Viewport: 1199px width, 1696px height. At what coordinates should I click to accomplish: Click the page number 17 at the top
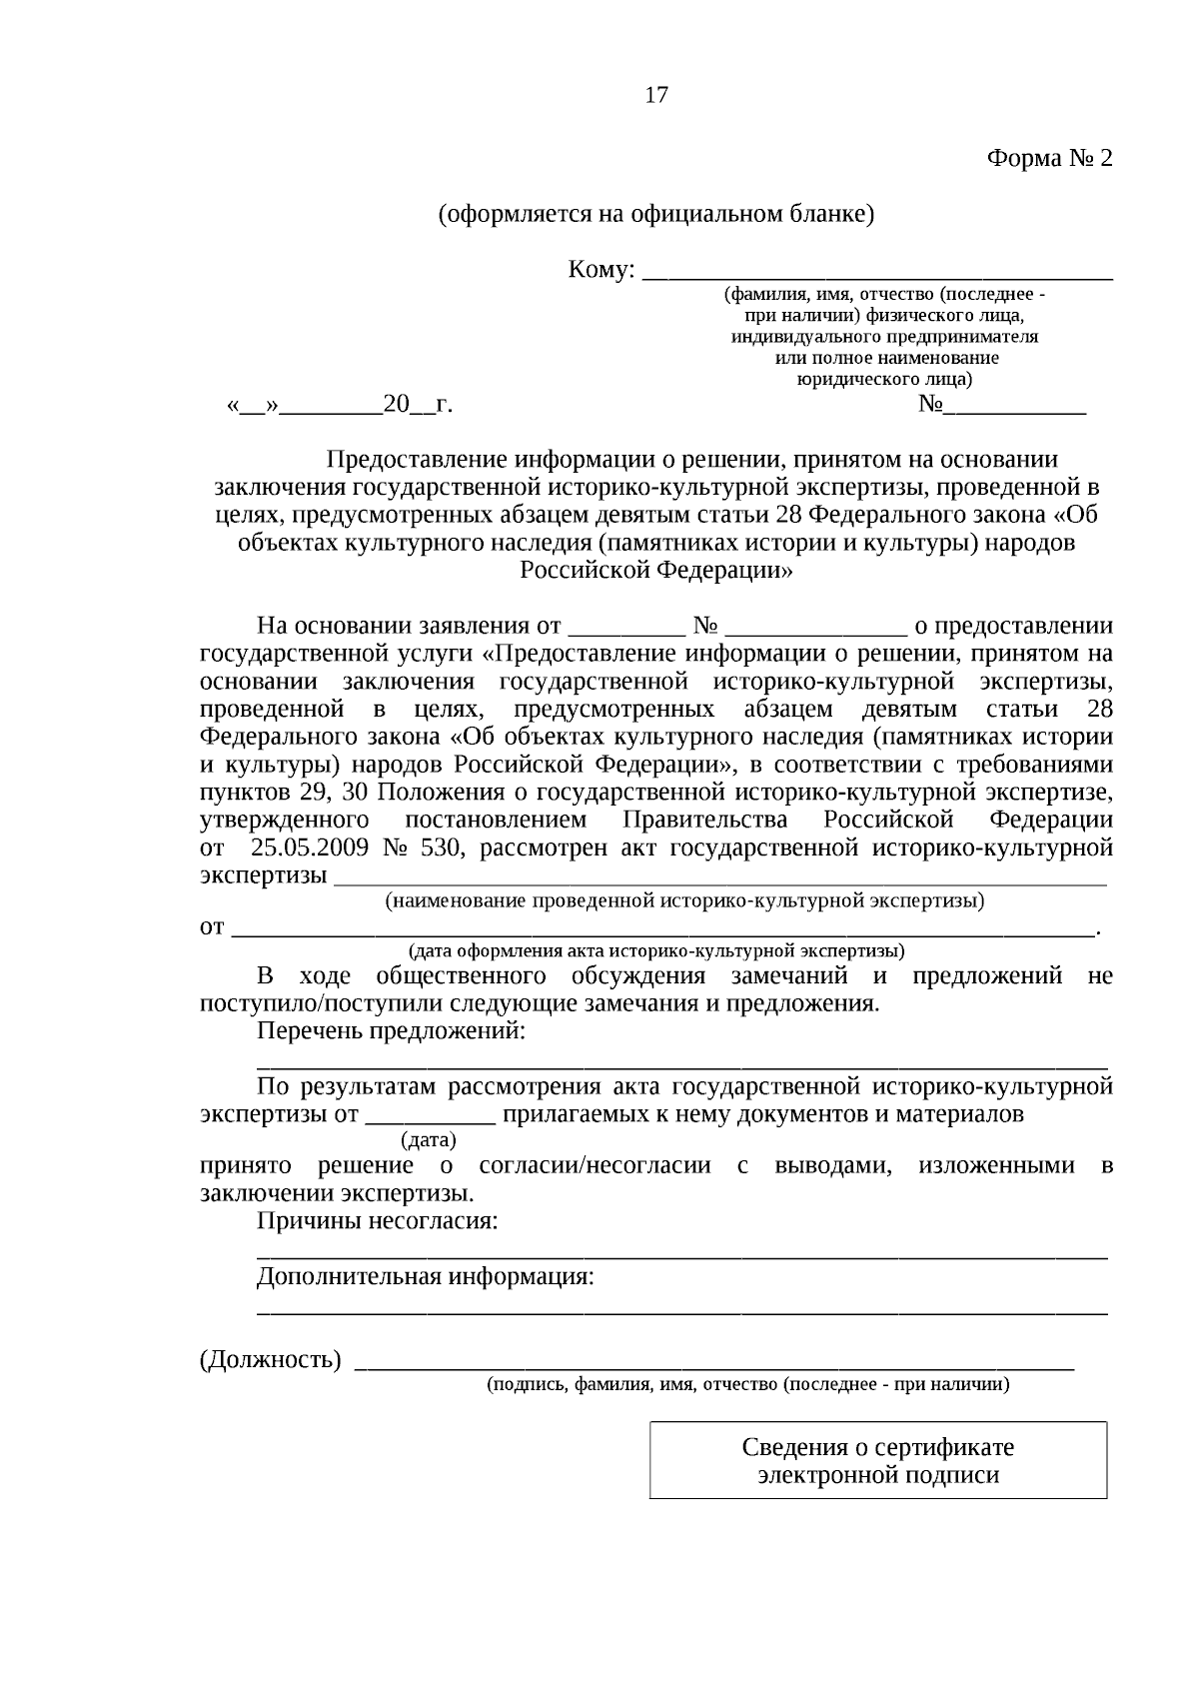tap(656, 96)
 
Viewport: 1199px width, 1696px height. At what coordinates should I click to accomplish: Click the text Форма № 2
tap(1048, 159)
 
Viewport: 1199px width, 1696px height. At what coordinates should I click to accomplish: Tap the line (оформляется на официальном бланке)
tap(656, 214)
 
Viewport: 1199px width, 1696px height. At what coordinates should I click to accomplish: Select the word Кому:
tap(600, 270)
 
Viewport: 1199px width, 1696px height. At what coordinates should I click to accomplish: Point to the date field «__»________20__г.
tap(340, 406)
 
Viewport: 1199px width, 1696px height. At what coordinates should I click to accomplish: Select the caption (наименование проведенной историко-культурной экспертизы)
tap(684, 901)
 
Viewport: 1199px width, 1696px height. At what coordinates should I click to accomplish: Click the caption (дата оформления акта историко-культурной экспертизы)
tap(656, 949)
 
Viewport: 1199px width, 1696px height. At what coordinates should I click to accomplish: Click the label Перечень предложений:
tap(391, 1031)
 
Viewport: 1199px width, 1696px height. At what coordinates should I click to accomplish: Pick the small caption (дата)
tap(428, 1139)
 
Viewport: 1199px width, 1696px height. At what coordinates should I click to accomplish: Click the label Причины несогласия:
tap(377, 1221)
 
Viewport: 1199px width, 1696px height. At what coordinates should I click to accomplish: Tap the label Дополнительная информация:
tap(425, 1277)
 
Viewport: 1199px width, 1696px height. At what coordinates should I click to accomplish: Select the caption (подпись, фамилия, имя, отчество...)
tap(747, 1385)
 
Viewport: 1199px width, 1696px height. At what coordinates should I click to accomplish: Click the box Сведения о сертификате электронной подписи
tap(877, 1461)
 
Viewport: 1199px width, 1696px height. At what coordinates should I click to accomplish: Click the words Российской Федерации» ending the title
tap(656, 571)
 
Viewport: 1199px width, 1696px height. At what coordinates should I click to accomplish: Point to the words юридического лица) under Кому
tap(884, 380)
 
